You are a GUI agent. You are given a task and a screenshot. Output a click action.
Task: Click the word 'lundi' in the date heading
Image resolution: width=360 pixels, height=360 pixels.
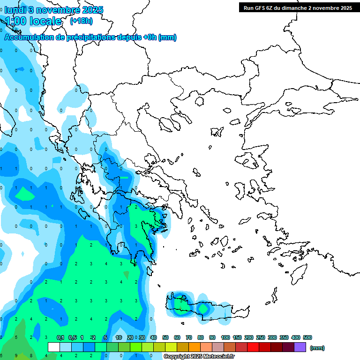click(x=17, y=10)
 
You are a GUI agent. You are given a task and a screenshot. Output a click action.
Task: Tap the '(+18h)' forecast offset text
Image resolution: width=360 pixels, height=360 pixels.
click(x=81, y=21)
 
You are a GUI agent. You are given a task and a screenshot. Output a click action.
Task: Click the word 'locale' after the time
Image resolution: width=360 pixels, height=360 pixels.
click(x=45, y=21)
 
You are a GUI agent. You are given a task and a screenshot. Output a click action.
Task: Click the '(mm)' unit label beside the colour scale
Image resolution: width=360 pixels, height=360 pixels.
click(x=317, y=348)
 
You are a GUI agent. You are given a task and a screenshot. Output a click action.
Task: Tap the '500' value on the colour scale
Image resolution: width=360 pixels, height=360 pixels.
click(x=307, y=337)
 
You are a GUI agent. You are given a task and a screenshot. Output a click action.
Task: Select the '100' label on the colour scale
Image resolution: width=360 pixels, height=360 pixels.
click(x=225, y=337)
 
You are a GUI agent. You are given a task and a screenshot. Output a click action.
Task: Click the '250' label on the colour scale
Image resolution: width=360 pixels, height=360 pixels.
click(x=260, y=337)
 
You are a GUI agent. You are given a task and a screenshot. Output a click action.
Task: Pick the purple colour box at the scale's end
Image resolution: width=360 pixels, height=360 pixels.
click(x=300, y=347)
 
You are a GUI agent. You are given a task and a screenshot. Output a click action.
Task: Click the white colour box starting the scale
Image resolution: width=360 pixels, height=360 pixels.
click(x=54, y=347)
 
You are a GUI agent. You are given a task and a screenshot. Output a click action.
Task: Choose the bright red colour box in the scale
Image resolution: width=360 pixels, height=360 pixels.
click(x=253, y=347)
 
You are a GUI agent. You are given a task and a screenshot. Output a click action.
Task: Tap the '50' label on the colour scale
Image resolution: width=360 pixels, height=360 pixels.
click(x=165, y=337)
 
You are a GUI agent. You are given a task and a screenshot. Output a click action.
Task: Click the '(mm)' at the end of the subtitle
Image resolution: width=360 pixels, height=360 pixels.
click(x=167, y=37)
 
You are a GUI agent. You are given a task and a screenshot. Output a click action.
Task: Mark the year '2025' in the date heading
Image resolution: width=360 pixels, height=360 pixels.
click(x=92, y=10)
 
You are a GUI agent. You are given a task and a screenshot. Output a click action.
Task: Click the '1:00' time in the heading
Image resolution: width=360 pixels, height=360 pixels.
click(x=15, y=21)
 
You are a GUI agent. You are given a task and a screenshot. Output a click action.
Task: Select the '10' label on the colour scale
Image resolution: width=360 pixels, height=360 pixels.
click(x=119, y=337)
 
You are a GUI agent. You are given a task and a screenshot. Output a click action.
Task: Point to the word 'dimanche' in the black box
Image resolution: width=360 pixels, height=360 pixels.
click(x=293, y=7)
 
